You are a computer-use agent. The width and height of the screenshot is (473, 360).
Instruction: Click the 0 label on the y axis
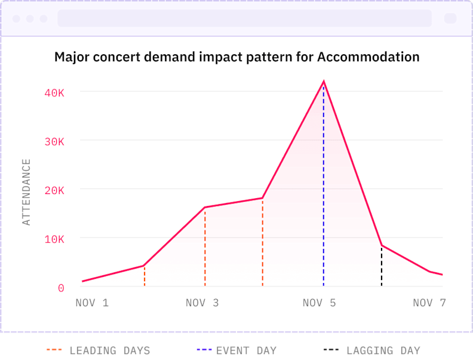click(61, 288)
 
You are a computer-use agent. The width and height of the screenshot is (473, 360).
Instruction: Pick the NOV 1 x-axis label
click(92, 303)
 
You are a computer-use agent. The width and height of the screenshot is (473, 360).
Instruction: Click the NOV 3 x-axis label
click(202, 303)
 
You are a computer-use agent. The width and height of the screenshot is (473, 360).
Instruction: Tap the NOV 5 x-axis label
click(319, 303)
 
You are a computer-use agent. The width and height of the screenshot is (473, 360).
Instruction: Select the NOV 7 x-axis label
click(429, 303)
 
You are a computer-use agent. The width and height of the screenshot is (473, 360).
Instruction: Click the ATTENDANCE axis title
click(26, 192)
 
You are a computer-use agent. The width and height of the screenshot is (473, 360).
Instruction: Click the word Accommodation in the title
click(368, 57)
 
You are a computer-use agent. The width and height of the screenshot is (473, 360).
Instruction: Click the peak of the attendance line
click(324, 81)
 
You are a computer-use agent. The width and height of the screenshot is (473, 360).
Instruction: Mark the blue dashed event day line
click(324, 191)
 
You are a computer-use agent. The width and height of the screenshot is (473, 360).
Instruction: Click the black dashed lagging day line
click(382, 266)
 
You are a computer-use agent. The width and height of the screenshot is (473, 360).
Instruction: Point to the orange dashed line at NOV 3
click(205, 248)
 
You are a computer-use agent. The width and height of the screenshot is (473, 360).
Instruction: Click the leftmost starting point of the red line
click(83, 281)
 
